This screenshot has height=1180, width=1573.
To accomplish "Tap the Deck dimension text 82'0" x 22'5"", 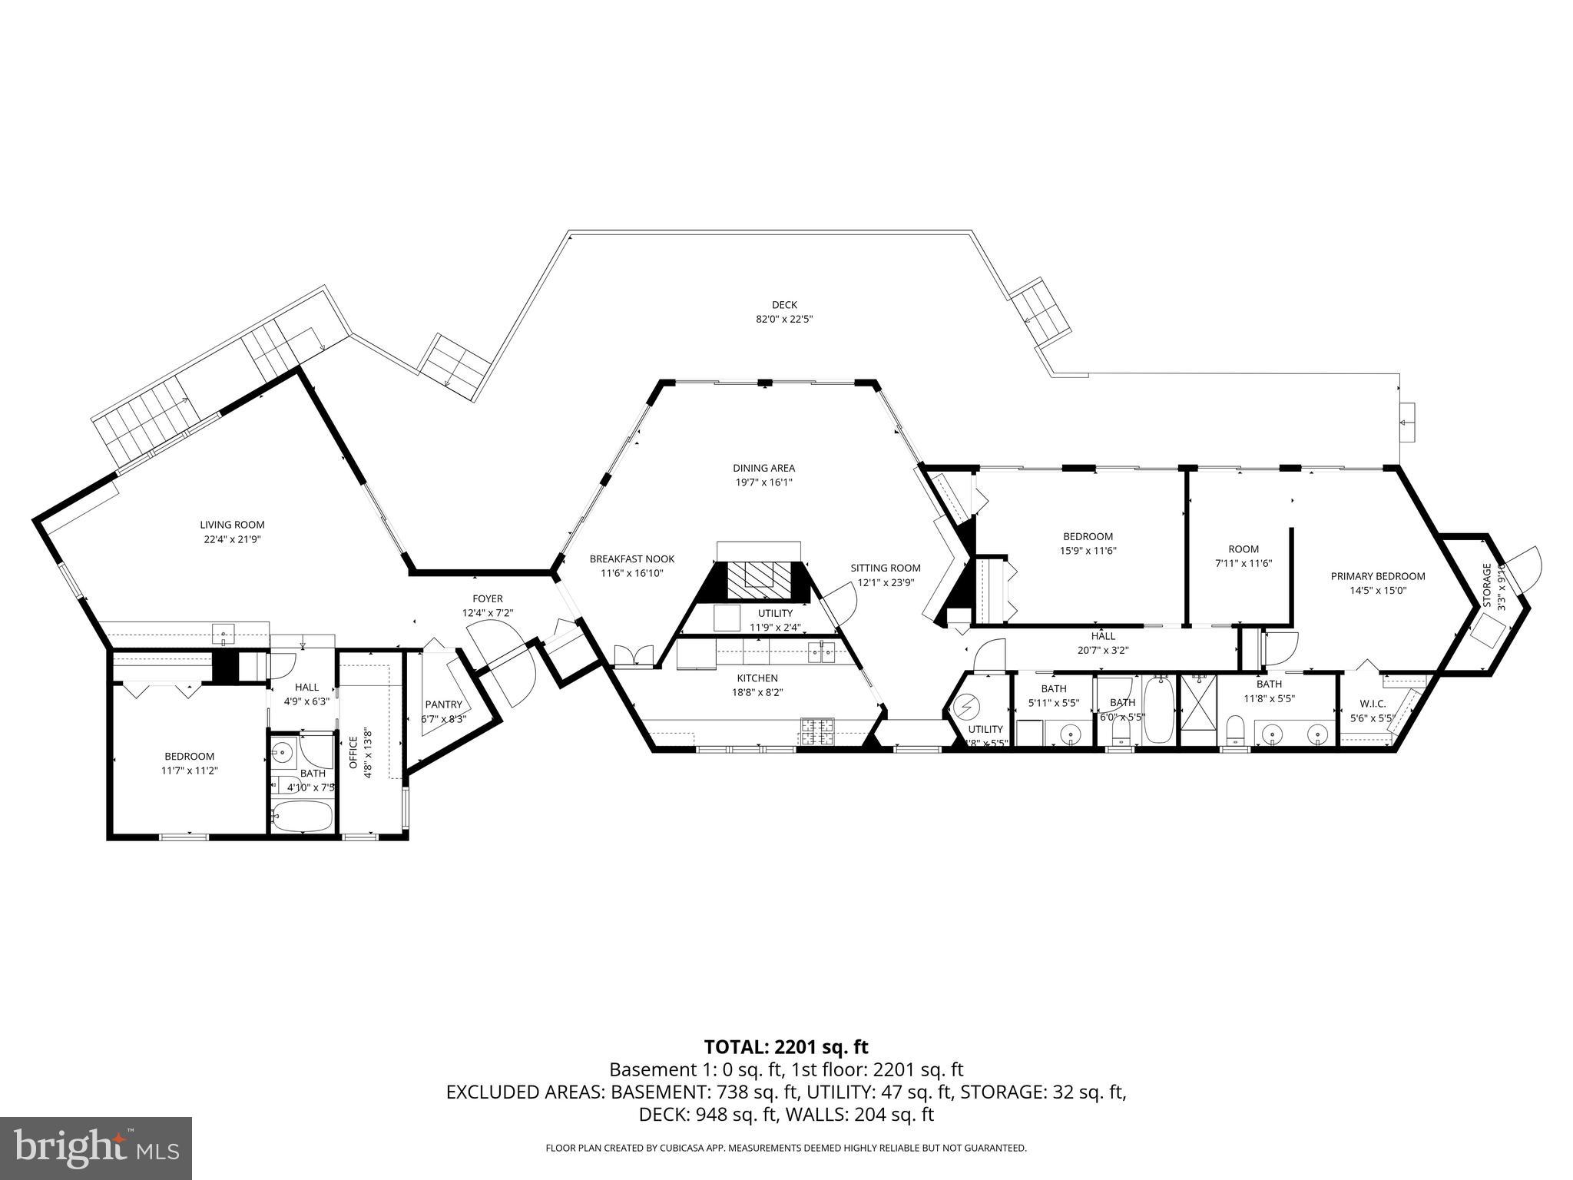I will click(784, 319).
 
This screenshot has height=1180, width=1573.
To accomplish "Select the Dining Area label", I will click(763, 468).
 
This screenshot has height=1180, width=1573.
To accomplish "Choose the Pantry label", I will click(443, 704).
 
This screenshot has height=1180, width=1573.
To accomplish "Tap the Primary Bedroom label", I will click(1377, 576).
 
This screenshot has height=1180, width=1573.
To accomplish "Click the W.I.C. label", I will click(1372, 703).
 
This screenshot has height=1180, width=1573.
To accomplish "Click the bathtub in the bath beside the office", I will click(303, 815).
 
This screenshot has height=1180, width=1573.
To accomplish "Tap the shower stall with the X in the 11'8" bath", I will click(1198, 710).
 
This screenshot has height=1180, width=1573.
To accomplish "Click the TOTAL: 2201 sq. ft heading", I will click(786, 1046).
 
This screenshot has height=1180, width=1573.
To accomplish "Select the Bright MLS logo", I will click(96, 1148).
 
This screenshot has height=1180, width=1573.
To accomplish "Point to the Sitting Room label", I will click(885, 568).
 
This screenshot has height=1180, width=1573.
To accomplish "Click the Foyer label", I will click(487, 598).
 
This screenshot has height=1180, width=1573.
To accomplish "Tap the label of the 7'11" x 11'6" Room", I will click(1243, 549).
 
